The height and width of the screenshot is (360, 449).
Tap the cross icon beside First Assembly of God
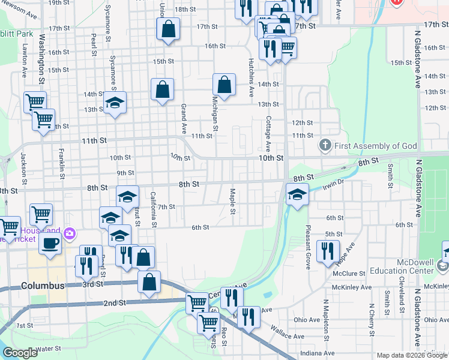325,146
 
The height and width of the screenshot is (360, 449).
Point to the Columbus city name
42,286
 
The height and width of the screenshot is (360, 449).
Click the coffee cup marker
50,244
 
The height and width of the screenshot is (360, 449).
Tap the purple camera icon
70,233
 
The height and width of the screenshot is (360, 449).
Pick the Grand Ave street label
184,119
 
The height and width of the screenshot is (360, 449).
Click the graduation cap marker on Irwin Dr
297,193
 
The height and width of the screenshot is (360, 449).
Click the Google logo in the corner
20,353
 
